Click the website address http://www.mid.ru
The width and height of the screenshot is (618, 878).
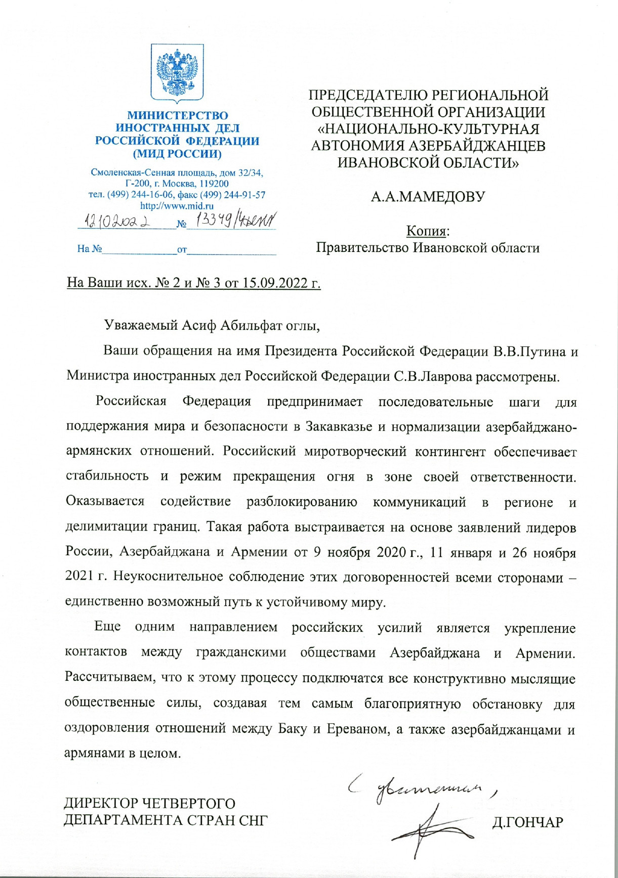pyautogui.click(x=177, y=206)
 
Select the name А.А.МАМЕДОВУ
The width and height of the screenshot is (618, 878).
pyautogui.click(x=428, y=197)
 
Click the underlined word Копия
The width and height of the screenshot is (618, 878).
pyautogui.click(x=428, y=231)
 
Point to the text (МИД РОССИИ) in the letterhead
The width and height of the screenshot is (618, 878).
pyautogui.click(x=177, y=153)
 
